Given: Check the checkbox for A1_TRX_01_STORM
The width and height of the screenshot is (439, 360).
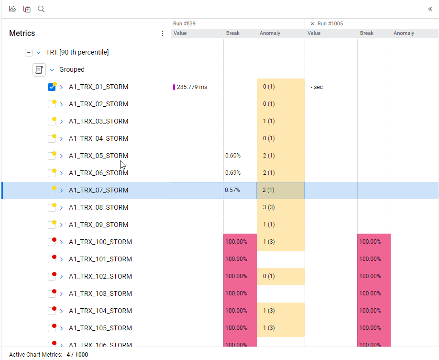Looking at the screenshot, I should [52, 87].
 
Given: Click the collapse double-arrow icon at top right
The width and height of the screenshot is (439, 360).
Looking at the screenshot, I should [430, 9].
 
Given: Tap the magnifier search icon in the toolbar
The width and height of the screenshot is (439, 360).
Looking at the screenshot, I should [41, 9].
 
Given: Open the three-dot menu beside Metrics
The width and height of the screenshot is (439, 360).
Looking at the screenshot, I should [163, 34].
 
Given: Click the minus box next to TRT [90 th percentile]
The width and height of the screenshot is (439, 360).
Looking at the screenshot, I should [29, 53].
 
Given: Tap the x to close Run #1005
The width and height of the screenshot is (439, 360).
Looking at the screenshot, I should [312, 23].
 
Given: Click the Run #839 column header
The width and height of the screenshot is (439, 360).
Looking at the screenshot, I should [184, 23].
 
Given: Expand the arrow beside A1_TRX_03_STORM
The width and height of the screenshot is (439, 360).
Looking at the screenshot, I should [61, 122].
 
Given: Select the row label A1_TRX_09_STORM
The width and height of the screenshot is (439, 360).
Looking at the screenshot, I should [99, 225].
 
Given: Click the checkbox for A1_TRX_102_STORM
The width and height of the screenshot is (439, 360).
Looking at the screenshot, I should [52, 277].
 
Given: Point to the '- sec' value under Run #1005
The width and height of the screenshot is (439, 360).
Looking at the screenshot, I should [317, 87].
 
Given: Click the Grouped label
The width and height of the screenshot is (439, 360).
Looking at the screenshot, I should [72, 69].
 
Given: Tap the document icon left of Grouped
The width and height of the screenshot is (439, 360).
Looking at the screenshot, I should [39, 69].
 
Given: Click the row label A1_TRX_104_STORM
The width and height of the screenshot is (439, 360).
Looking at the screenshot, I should [100, 311].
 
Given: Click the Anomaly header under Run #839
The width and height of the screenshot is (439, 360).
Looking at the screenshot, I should [270, 34].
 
